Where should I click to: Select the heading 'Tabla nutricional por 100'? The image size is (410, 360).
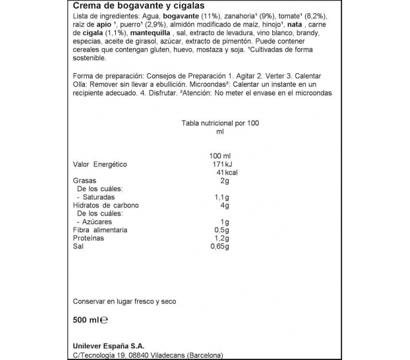(220, 123)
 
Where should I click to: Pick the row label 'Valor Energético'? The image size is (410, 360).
(100, 164)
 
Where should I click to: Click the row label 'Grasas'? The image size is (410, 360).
(84, 181)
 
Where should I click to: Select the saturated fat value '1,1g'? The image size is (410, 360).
(221, 198)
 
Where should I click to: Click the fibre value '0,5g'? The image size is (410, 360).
(221, 230)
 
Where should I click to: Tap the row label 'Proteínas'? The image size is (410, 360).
(88, 239)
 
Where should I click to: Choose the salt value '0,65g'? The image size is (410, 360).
(219, 247)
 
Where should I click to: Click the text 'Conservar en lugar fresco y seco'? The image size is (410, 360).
(124, 301)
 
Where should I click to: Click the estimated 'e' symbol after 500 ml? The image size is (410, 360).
(104, 320)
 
